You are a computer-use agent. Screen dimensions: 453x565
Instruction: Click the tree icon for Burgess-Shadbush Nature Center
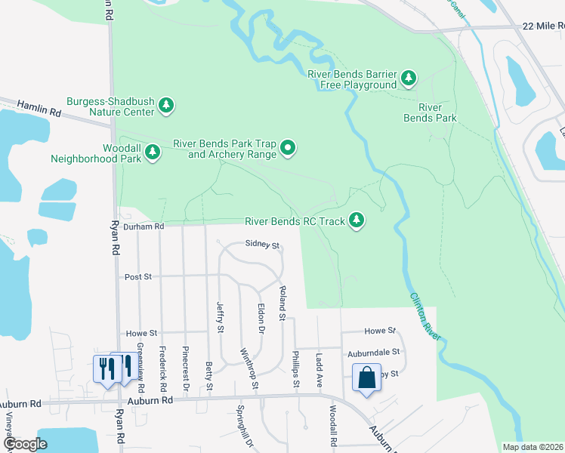tap(166, 106)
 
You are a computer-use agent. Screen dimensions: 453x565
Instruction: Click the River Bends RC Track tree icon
tap(357, 221)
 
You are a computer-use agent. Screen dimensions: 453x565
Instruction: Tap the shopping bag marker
tap(366, 377)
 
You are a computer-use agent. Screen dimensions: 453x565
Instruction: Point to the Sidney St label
tap(263, 245)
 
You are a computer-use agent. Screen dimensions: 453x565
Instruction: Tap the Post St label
tap(138, 277)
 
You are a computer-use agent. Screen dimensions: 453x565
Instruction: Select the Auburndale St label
tap(372, 353)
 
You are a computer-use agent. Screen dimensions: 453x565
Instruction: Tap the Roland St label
tap(282, 302)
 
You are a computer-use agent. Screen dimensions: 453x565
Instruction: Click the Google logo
tap(25, 444)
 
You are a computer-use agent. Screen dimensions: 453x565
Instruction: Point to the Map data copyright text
tap(532, 447)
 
